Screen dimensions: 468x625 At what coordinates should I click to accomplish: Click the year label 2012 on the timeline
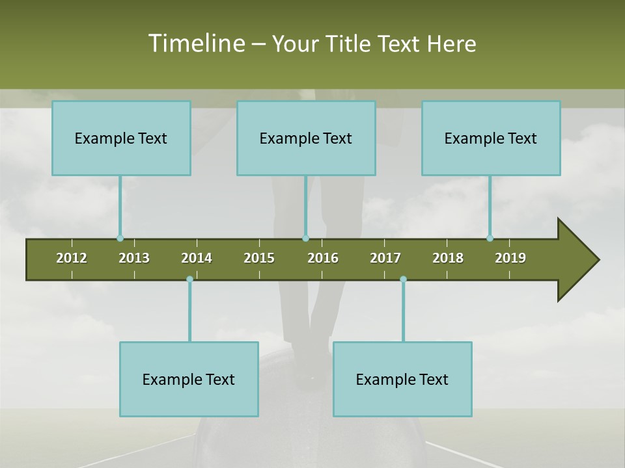coord(72,258)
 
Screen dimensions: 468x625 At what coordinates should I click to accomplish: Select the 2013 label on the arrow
coord(134,258)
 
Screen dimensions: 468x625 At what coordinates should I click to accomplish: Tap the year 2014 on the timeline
coord(197,258)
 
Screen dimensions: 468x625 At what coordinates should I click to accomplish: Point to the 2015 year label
coord(259,258)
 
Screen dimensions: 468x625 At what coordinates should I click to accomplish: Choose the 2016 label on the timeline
coord(323,258)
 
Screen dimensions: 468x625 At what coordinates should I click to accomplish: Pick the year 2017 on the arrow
coord(385,258)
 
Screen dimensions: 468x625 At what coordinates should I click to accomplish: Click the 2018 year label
coord(448,258)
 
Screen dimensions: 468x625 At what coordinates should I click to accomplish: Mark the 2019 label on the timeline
coord(510,258)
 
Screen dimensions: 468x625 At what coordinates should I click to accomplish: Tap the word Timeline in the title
coord(196,44)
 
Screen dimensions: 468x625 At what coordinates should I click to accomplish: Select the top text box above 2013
coord(121,138)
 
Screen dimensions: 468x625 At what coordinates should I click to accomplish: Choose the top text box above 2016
coord(306,138)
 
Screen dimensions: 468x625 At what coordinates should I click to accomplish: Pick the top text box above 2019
coord(491,138)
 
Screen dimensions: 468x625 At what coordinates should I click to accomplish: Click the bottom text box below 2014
coord(189,379)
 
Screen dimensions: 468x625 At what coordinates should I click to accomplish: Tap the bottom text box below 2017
coord(402,379)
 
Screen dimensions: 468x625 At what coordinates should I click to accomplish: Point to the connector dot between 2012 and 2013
coord(120,239)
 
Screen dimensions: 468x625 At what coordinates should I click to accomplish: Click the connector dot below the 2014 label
coord(189,279)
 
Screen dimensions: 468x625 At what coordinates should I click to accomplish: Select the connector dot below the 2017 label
coord(403,279)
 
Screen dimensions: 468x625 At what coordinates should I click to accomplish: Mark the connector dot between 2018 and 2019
coord(490,239)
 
